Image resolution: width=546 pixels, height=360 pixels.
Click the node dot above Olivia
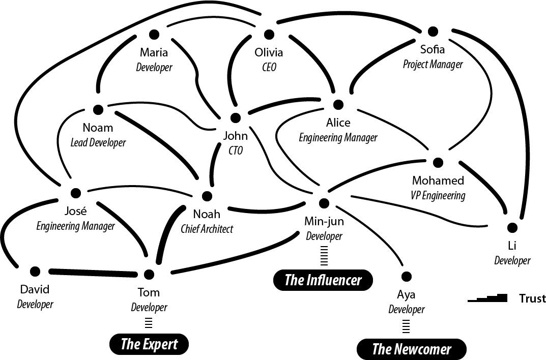(x=269, y=34)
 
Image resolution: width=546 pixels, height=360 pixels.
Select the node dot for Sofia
(x=433, y=32)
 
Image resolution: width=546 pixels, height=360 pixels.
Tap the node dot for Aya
(x=406, y=277)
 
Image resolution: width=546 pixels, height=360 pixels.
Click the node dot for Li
(x=512, y=227)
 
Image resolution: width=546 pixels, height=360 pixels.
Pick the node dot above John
(x=235, y=118)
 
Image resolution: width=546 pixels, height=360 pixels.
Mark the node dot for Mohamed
(x=438, y=163)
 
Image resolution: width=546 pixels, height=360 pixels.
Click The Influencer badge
(x=323, y=280)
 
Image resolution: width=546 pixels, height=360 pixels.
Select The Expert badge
(x=149, y=344)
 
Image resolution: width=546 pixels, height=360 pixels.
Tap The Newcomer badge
(x=411, y=349)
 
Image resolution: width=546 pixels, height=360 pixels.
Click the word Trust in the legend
(x=532, y=298)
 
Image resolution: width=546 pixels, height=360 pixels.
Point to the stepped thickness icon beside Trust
(x=487, y=298)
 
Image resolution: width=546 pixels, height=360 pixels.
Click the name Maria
(x=154, y=52)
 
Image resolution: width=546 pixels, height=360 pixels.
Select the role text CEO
(x=269, y=67)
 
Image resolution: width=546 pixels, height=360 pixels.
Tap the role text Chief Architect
(x=207, y=229)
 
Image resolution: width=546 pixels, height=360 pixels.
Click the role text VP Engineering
(x=438, y=195)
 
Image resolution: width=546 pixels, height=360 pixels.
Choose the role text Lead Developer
(x=98, y=143)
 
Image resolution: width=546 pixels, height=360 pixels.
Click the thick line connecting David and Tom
(x=92, y=273)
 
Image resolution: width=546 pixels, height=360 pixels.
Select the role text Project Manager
(x=433, y=65)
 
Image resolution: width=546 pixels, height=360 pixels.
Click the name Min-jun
(x=324, y=221)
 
